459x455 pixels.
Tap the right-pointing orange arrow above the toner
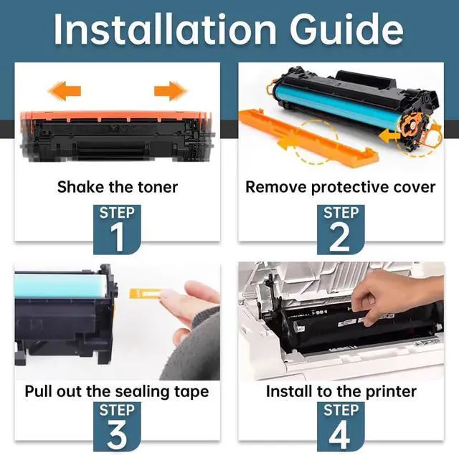[170, 91]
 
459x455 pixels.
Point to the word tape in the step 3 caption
[192, 392]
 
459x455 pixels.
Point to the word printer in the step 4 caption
[390, 392]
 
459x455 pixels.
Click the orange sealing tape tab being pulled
[143, 293]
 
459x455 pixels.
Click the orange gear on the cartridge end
[417, 128]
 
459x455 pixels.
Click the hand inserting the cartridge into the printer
[391, 294]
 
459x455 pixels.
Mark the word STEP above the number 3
[115, 411]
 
